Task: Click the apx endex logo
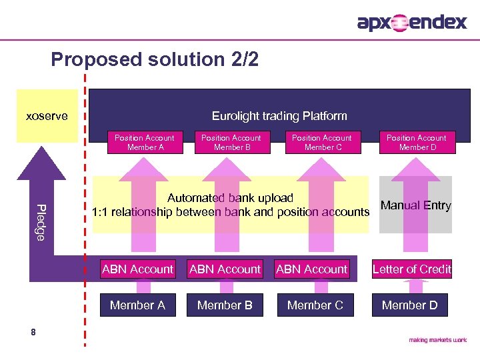click(x=412, y=23)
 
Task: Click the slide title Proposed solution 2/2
click(x=155, y=60)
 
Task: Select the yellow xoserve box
click(x=46, y=116)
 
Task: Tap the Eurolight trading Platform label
click(x=279, y=116)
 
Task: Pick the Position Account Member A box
click(x=145, y=142)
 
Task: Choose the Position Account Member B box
click(x=231, y=142)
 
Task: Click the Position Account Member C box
click(x=323, y=142)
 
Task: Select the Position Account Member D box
click(x=417, y=142)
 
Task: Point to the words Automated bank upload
click(x=230, y=198)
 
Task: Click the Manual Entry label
click(x=415, y=205)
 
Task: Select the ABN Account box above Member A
click(x=138, y=269)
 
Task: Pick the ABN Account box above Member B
click(x=225, y=269)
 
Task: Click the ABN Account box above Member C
click(x=312, y=269)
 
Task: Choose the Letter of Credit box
click(x=411, y=269)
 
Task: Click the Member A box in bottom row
click(x=138, y=305)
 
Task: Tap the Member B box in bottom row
click(x=225, y=305)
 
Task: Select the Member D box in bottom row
click(x=410, y=305)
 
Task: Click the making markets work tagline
click(x=437, y=340)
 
